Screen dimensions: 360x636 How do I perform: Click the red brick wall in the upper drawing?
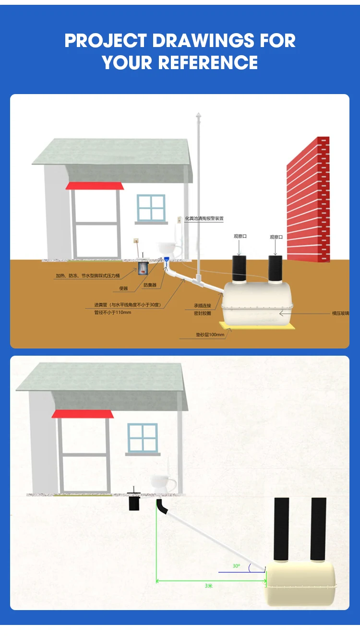pos(309,200)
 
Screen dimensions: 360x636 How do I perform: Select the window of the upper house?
pos(151,208)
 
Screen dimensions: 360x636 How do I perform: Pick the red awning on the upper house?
pos(95,186)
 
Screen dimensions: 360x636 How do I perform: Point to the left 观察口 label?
pos(240,236)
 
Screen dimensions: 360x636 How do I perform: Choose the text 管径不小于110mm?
pos(113,312)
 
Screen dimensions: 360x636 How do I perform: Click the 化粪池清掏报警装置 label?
pos(204,218)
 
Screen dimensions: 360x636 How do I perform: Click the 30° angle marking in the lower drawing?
pos(236,566)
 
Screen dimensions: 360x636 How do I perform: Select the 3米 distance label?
pos(208,586)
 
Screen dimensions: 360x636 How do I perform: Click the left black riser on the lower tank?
pos(281,528)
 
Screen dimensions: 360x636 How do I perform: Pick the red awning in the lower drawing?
pos(83,414)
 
